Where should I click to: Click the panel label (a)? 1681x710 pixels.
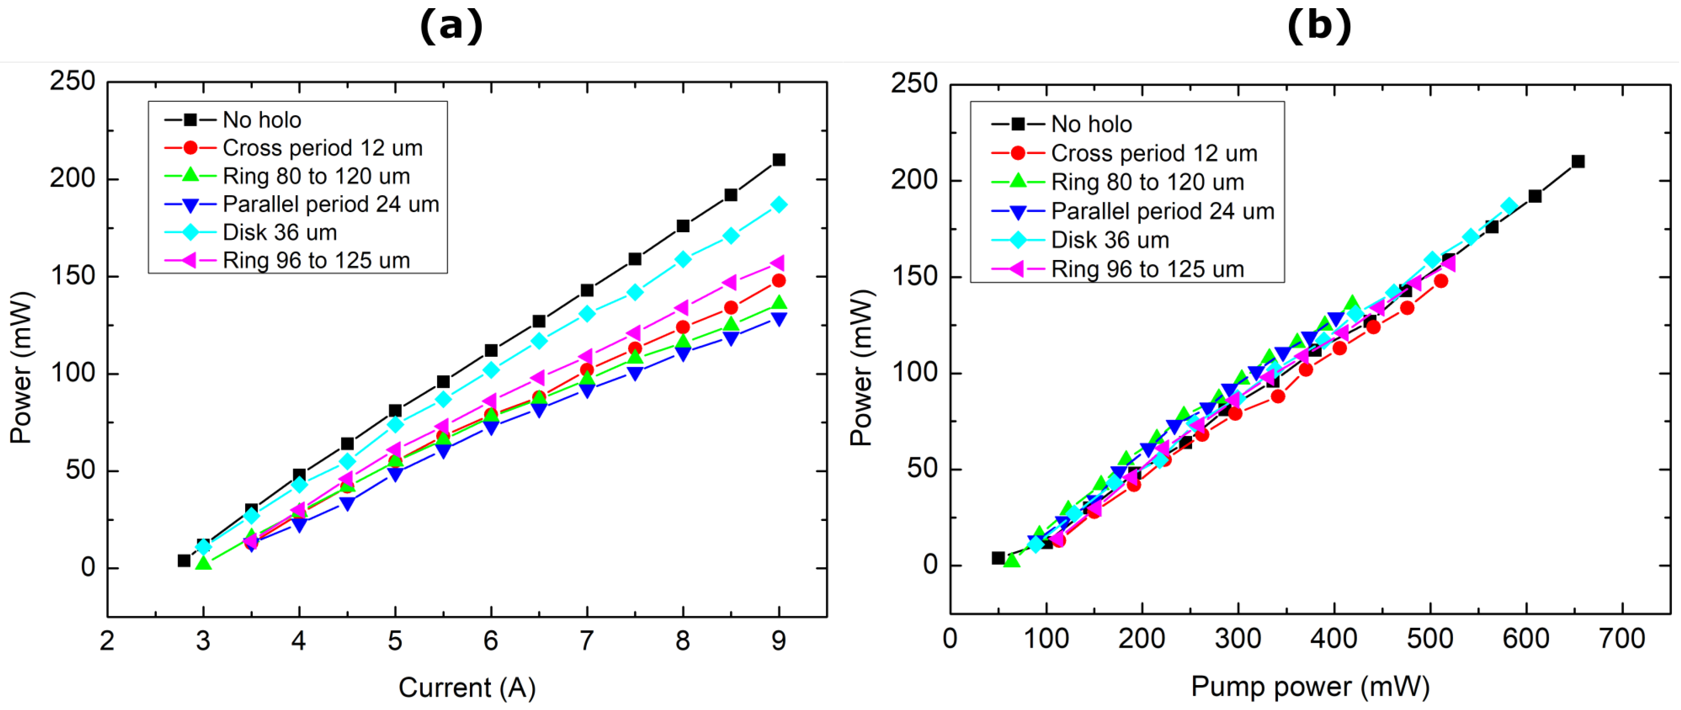click(451, 27)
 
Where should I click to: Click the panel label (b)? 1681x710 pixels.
click(1319, 27)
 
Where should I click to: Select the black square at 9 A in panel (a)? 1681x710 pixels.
click(778, 160)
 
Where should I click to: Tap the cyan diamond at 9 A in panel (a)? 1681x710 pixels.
click(778, 205)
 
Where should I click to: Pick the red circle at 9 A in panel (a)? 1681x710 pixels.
click(778, 281)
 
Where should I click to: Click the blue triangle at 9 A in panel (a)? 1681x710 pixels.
click(778, 319)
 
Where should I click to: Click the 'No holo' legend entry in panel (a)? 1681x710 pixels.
click(262, 120)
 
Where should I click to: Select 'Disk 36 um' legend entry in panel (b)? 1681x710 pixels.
click(1109, 240)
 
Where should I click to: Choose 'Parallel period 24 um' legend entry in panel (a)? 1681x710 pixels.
click(330, 204)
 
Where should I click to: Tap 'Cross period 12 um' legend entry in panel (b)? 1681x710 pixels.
click(1154, 154)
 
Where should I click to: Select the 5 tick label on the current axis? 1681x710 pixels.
click(395, 641)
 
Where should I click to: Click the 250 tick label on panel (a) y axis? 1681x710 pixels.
click(72, 82)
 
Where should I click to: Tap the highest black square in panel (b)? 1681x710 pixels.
click(1578, 161)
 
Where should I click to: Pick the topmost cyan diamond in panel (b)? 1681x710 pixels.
click(1509, 207)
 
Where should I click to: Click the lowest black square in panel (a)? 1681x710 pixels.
click(184, 560)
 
